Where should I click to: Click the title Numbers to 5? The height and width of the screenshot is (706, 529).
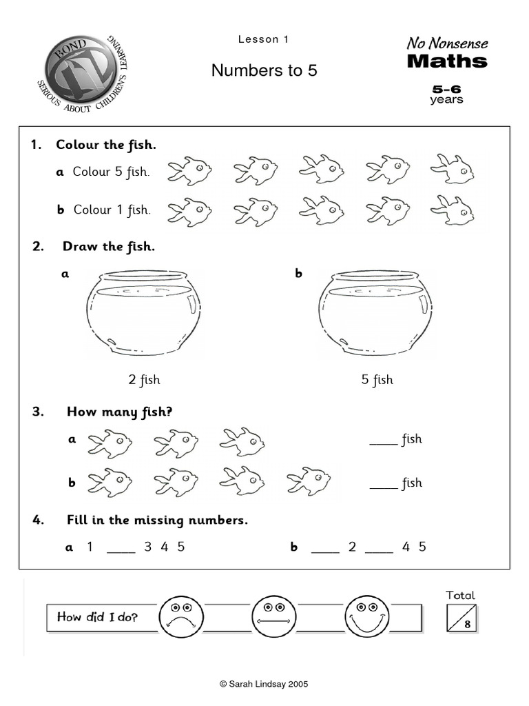(x=264, y=70)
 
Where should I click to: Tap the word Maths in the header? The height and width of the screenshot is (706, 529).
(x=447, y=61)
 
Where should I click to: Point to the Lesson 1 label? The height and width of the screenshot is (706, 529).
(x=263, y=39)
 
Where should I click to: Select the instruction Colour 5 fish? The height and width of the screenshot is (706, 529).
(x=111, y=172)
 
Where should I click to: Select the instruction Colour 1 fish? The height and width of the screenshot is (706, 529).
(x=111, y=210)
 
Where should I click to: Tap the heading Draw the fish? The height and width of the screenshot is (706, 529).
(x=108, y=247)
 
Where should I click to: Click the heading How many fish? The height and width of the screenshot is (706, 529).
(x=119, y=412)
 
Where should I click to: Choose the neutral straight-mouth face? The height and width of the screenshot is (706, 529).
(x=273, y=616)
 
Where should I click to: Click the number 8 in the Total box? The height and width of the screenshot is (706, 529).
(x=468, y=625)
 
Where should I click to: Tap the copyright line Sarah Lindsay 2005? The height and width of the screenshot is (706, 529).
(x=264, y=684)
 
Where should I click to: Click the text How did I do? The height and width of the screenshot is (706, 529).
(x=97, y=617)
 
